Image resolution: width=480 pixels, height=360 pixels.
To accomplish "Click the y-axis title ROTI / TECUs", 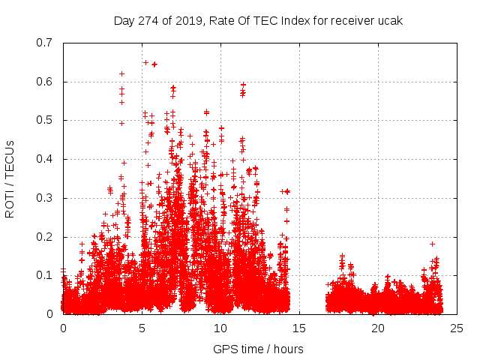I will [10, 178].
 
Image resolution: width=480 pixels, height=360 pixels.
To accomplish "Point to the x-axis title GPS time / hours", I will [258, 349].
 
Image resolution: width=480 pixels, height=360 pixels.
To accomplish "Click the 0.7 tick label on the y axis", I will [45, 42].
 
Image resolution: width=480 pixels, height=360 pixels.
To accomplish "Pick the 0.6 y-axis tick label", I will [45, 81].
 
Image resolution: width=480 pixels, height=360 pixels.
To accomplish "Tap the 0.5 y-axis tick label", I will [45, 120].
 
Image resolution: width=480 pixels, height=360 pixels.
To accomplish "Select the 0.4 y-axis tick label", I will [45, 159].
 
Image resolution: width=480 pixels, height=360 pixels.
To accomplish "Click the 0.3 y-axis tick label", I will [45, 198].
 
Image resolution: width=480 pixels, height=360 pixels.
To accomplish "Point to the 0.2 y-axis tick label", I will [45, 237].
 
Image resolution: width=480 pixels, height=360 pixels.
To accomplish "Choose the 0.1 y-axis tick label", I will [45, 275].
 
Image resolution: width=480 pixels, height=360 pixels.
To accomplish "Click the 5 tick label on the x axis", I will [142, 328].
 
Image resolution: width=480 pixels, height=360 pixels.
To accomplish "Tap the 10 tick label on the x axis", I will [220, 328].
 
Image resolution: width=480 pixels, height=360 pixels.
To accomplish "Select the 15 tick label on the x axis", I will [299, 328].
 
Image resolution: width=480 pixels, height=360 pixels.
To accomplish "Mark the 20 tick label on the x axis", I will [378, 328].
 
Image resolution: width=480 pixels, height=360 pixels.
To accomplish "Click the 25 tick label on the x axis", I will [457, 328].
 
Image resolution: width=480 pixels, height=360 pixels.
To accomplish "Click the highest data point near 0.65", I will [145, 62].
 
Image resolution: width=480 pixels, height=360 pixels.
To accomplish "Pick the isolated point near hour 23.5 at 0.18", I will [432, 244].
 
